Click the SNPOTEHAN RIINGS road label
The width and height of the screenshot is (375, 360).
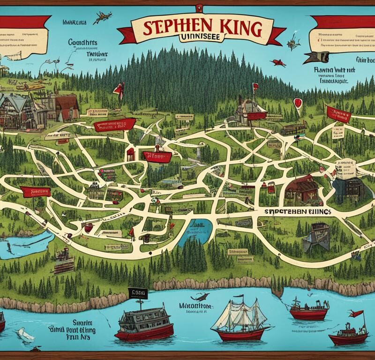[294, 212]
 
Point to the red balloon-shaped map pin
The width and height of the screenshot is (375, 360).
[297, 102]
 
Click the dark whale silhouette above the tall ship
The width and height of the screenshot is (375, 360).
[202, 296]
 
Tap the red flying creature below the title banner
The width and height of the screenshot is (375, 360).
[278, 63]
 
